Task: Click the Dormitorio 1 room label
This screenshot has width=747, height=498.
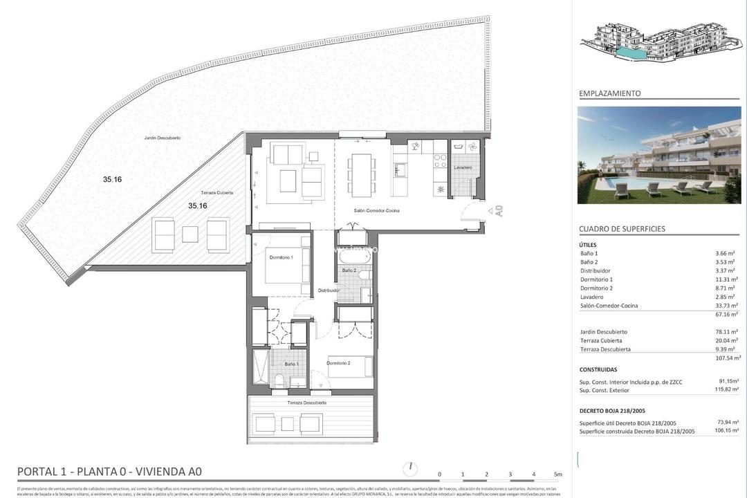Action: tap(282, 257)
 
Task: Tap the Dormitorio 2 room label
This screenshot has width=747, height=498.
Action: tap(338, 363)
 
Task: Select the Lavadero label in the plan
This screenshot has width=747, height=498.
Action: tap(463, 168)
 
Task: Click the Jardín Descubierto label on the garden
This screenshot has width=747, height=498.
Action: tap(163, 138)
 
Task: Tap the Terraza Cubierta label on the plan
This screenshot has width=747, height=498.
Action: tap(216, 192)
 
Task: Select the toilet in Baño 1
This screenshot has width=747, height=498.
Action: tap(279, 380)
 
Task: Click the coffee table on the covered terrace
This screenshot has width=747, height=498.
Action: tap(190, 234)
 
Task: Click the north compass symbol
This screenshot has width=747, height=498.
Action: tap(412, 469)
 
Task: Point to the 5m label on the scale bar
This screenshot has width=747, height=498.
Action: tap(557, 474)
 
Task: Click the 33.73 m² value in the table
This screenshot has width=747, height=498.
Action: tap(726, 306)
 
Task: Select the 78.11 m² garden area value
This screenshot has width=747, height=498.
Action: tap(726, 332)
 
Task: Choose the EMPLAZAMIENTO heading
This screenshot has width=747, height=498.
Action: tap(609, 93)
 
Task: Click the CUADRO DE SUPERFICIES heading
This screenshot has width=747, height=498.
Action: tap(622, 229)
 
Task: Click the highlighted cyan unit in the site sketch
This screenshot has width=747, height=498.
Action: tap(630, 53)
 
